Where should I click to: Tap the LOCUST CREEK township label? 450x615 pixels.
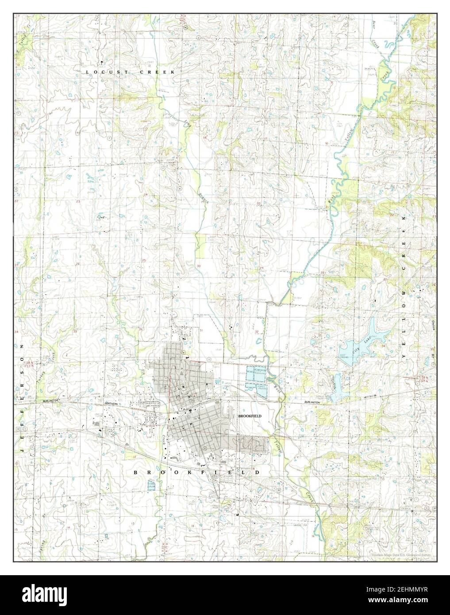[x=131, y=72]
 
